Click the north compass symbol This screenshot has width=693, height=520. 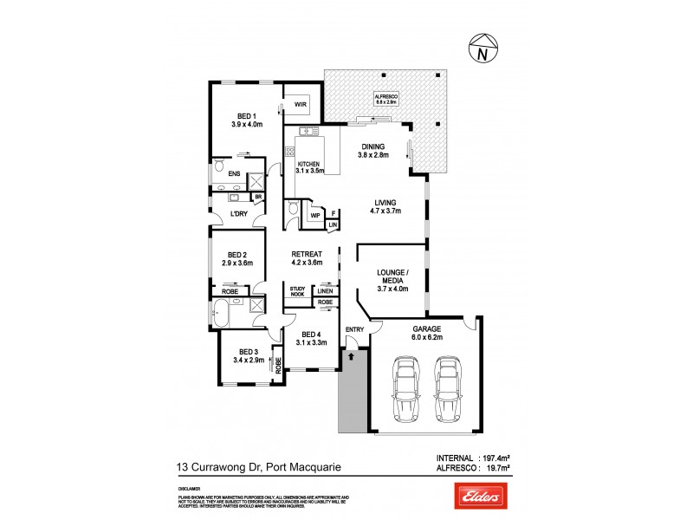(x=481, y=48)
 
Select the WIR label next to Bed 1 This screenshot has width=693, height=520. (x=301, y=105)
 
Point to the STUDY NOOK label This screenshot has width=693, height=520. (x=297, y=292)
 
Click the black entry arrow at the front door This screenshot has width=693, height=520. (x=351, y=354)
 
